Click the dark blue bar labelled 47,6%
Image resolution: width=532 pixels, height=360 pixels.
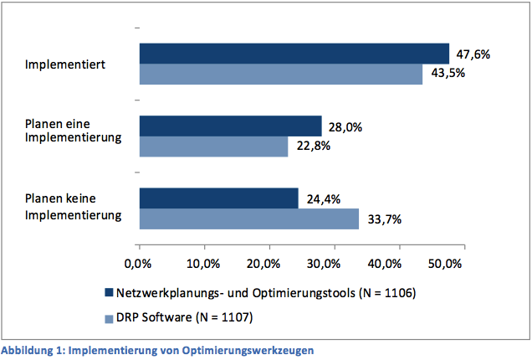click(x=294, y=54)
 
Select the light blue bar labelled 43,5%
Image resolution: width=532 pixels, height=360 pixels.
click(x=280, y=74)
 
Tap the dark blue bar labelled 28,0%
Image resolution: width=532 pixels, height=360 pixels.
click(x=230, y=126)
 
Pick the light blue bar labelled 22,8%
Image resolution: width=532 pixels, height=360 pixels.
click(x=213, y=147)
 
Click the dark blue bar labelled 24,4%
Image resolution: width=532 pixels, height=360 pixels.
click(x=218, y=198)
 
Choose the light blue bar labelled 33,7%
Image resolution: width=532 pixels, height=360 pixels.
click(x=248, y=219)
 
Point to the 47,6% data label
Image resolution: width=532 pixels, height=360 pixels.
click(x=473, y=54)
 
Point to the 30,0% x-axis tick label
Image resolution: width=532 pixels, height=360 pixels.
click(x=334, y=264)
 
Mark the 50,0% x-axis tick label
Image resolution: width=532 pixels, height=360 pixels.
click(x=445, y=264)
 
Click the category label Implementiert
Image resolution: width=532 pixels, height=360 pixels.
click(x=64, y=64)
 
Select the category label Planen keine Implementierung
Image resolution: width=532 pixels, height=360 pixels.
click(x=73, y=208)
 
